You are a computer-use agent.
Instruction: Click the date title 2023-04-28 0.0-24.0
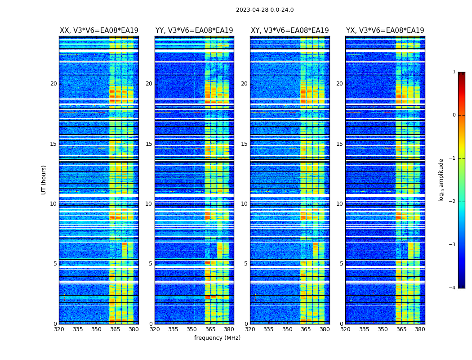[265, 10]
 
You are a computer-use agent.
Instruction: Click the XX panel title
[99, 31]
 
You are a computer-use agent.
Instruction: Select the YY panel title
[194, 31]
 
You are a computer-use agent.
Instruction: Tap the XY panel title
[289, 31]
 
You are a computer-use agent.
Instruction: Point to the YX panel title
[385, 31]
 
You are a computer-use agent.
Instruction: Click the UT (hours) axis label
[44, 180]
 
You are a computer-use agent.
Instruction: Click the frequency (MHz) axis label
[217, 338]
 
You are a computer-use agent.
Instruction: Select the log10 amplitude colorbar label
[441, 180]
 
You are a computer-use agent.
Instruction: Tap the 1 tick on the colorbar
[454, 72]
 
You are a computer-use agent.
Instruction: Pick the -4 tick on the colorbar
[453, 288]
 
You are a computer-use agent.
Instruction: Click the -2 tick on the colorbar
[453, 202]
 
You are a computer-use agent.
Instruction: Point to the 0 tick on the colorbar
[454, 115]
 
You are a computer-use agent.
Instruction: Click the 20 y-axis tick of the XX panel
[53, 84]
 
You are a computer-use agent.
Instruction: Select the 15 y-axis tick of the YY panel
[149, 144]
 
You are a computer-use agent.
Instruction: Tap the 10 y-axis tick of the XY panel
[244, 204]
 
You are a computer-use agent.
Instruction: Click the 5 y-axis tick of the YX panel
[341, 264]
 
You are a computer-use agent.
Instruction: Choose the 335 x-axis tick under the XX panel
[78, 329]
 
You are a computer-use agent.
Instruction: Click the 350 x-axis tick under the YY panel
[192, 329]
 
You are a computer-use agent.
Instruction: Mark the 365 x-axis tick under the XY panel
[306, 329]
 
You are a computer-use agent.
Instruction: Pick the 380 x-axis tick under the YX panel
[420, 329]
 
